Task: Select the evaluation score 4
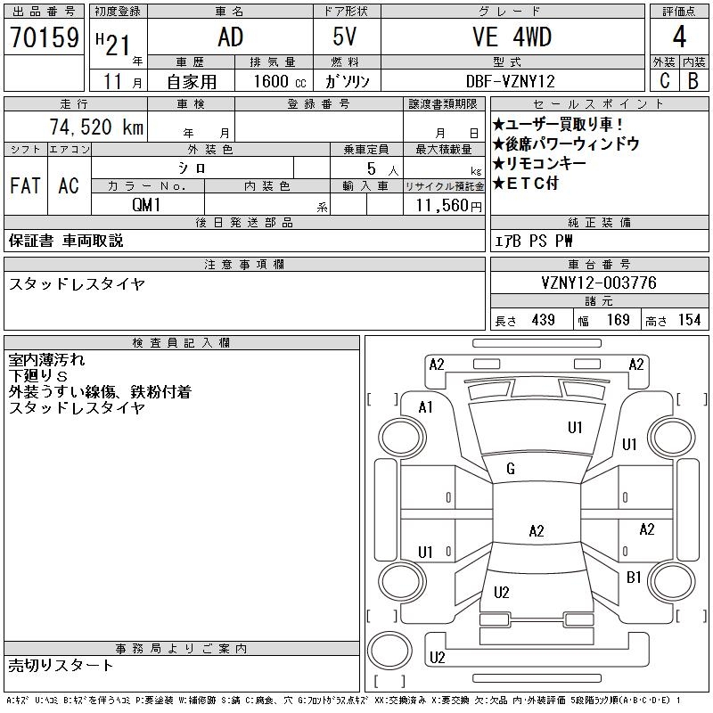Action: pyautogui.click(x=679, y=38)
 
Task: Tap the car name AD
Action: pyautogui.click(x=230, y=37)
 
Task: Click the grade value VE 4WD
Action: pyautogui.click(x=512, y=37)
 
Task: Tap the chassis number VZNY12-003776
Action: pyautogui.click(x=599, y=283)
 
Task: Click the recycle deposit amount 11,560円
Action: pyautogui.click(x=444, y=205)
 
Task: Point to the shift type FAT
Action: pyautogui.click(x=25, y=186)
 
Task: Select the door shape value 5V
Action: pyautogui.click(x=348, y=37)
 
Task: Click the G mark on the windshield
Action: pyautogui.click(x=511, y=470)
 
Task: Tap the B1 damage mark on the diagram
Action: pyautogui.click(x=634, y=578)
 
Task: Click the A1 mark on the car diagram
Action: pyautogui.click(x=425, y=407)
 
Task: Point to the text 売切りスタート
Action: pyautogui.click(x=61, y=665)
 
